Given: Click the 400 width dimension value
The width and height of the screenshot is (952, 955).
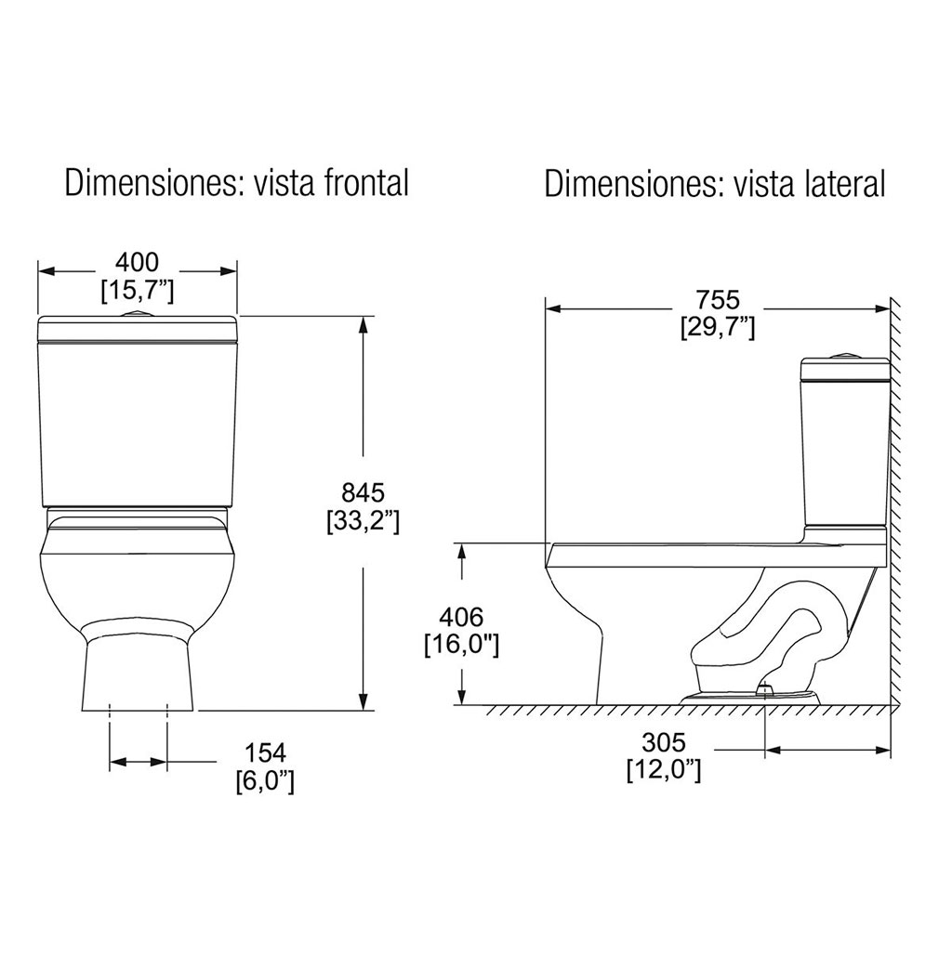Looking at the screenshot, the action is (x=138, y=262).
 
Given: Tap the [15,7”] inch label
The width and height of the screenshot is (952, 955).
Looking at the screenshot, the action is (x=138, y=291).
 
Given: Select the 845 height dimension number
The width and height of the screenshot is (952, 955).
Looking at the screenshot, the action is (x=364, y=491).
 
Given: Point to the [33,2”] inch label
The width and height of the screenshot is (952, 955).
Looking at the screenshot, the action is (x=364, y=521).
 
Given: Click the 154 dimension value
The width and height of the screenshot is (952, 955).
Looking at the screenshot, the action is (x=265, y=752).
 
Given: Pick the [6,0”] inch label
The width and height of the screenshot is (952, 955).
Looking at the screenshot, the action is (x=265, y=782).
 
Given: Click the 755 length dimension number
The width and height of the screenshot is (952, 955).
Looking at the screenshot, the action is (x=718, y=300).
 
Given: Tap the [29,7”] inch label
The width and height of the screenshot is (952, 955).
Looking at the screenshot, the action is (x=718, y=329).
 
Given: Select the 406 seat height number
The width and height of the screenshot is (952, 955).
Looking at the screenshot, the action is (x=461, y=617).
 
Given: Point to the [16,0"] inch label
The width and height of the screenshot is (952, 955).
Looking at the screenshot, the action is (x=461, y=646).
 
